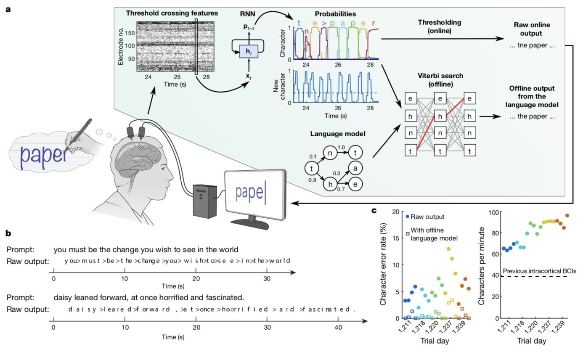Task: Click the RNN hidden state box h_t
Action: (x=249, y=52)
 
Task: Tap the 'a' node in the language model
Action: (x=355, y=168)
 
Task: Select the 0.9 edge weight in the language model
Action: (x=312, y=180)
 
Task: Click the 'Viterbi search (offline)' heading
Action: (x=440, y=80)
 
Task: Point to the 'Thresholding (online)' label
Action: (x=440, y=26)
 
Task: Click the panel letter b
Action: (x=8, y=233)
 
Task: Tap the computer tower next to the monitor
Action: (x=205, y=201)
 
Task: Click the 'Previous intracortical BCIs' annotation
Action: (x=539, y=271)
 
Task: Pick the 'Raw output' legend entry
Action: (x=425, y=217)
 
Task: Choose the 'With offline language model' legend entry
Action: (x=432, y=234)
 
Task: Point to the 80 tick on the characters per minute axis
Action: (x=495, y=233)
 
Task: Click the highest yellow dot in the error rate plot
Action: (x=448, y=249)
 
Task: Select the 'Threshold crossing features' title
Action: (x=172, y=13)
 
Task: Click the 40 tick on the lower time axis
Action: (x=338, y=327)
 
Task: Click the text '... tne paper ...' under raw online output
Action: (x=532, y=45)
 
